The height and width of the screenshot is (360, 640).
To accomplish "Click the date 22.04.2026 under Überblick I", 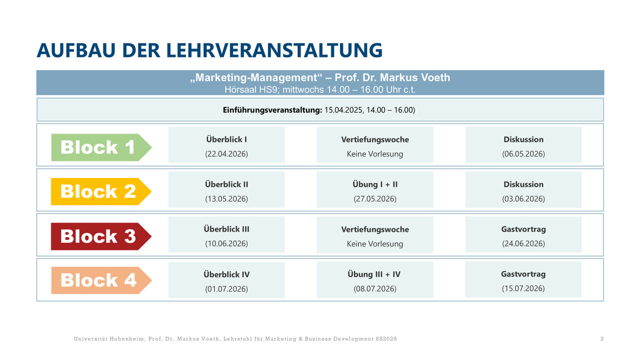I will pyautogui.click(x=226, y=154).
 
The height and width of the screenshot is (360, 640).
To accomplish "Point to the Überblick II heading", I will pyautogui.click(x=226, y=184).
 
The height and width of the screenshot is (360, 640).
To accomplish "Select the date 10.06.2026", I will pyautogui.click(x=226, y=244).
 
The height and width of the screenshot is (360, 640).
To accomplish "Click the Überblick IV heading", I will pyautogui.click(x=226, y=274).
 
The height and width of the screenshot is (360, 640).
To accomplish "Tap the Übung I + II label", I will pyautogui.click(x=375, y=184).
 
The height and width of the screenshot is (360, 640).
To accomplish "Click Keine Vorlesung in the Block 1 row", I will pyautogui.click(x=375, y=154).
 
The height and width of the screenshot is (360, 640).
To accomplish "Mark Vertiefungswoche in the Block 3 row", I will pyautogui.click(x=375, y=229).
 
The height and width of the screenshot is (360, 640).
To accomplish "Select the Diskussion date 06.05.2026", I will pyautogui.click(x=523, y=154).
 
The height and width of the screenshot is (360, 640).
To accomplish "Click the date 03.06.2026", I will pyautogui.click(x=523, y=199).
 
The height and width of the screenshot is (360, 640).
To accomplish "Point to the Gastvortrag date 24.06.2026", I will pyautogui.click(x=523, y=244).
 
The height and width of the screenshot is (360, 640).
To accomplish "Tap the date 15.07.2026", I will pyautogui.click(x=523, y=288).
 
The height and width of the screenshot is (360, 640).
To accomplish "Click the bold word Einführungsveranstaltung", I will pyautogui.click(x=272, y=110).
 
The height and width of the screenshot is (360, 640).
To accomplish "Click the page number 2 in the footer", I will pyautogui.click(x=602, y=339).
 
